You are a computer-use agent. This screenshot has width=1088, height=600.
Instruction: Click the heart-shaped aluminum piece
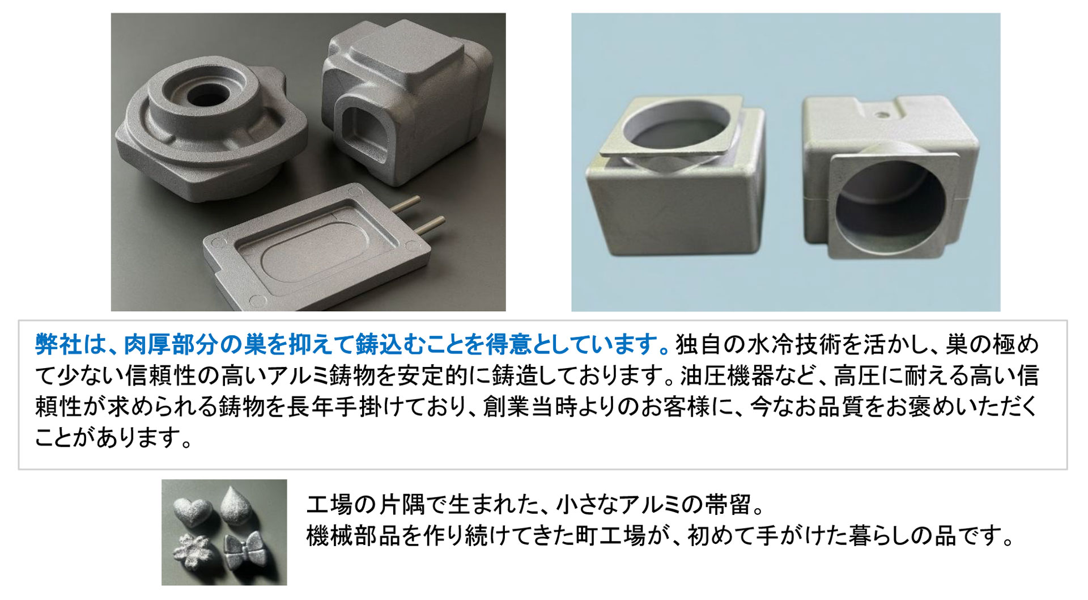pos(194,507)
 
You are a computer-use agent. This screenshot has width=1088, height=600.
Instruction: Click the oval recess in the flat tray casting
pos(313,263)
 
